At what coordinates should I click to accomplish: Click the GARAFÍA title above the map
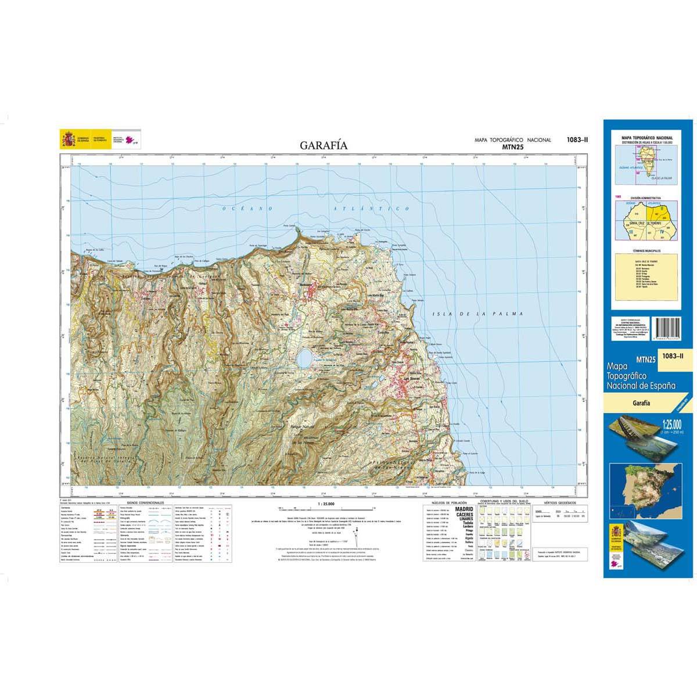click(324, 145)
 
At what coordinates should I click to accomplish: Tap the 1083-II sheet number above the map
click(577, 139)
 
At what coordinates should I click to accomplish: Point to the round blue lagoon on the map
click(304, 358)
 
